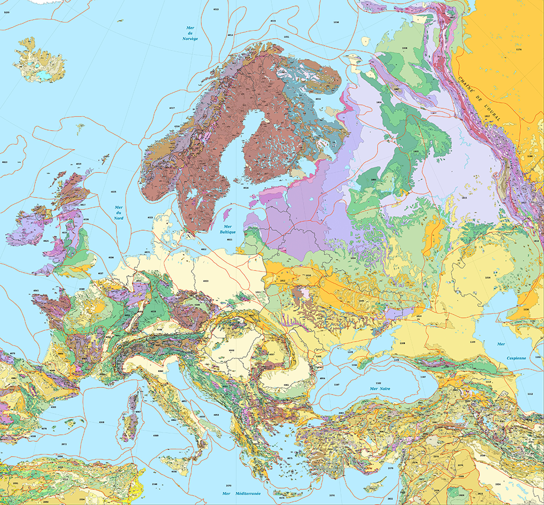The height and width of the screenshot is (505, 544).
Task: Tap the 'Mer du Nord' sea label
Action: pyautogui.click(x=119, y=213)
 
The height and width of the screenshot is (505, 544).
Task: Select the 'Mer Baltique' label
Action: pyautogui.click(x=229, y=229)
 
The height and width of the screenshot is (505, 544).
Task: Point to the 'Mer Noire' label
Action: pyautogui.click(x=381, y=389)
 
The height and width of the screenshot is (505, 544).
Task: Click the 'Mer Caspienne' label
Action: pyautogui.click(x=516, y=351)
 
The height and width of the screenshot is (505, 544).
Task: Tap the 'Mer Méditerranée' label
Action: pyautogui.click(x=241, y=494)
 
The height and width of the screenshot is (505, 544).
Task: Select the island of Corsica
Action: pyautogui.click(x=132, y=402)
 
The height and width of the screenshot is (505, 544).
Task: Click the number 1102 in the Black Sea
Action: pyautogui.click(x=378, y=383)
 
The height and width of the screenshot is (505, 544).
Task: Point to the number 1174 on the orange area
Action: pyautogui.click(x=518, y=50)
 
